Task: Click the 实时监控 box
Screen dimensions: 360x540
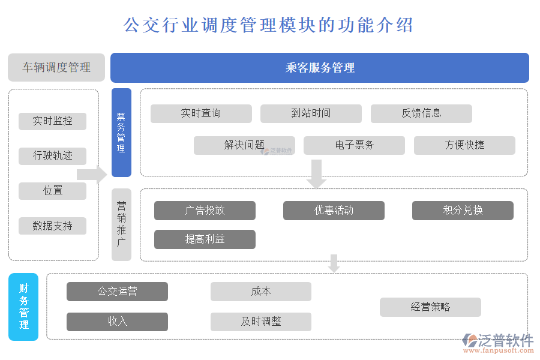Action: (x=52, y=121)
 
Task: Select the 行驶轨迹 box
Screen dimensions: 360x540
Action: (x=52, y=156)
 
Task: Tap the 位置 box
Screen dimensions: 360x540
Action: (x=52, y=191)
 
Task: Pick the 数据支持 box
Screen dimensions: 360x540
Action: (x=52, y=226)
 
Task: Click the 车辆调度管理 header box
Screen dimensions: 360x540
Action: (x=56, y=67)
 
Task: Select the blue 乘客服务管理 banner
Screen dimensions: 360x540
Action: (x=319, y=68)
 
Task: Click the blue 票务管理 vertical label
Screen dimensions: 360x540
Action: (x=121, y=133)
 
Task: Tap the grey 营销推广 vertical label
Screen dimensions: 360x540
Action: (x=121, y=224)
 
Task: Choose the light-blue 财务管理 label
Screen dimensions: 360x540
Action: (x=23, y=307)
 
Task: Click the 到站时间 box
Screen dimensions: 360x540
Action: (x=311, y=113)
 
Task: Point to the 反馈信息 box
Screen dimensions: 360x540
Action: (x=421, y=113)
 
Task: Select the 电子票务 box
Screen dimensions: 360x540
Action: (x=354, y=145)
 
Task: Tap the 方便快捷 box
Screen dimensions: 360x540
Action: (x=464, y=145)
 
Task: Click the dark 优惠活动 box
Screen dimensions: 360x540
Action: (x=334, y=211)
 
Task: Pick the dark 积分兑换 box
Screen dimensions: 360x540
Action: (x=463, y=211)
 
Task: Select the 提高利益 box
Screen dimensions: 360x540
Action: (x=205, y=239)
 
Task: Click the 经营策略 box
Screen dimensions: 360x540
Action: (x=430, y=307)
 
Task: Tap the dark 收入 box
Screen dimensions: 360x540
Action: (x=117, y=322)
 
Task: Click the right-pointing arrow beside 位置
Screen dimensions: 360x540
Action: (x=92, y=175)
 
